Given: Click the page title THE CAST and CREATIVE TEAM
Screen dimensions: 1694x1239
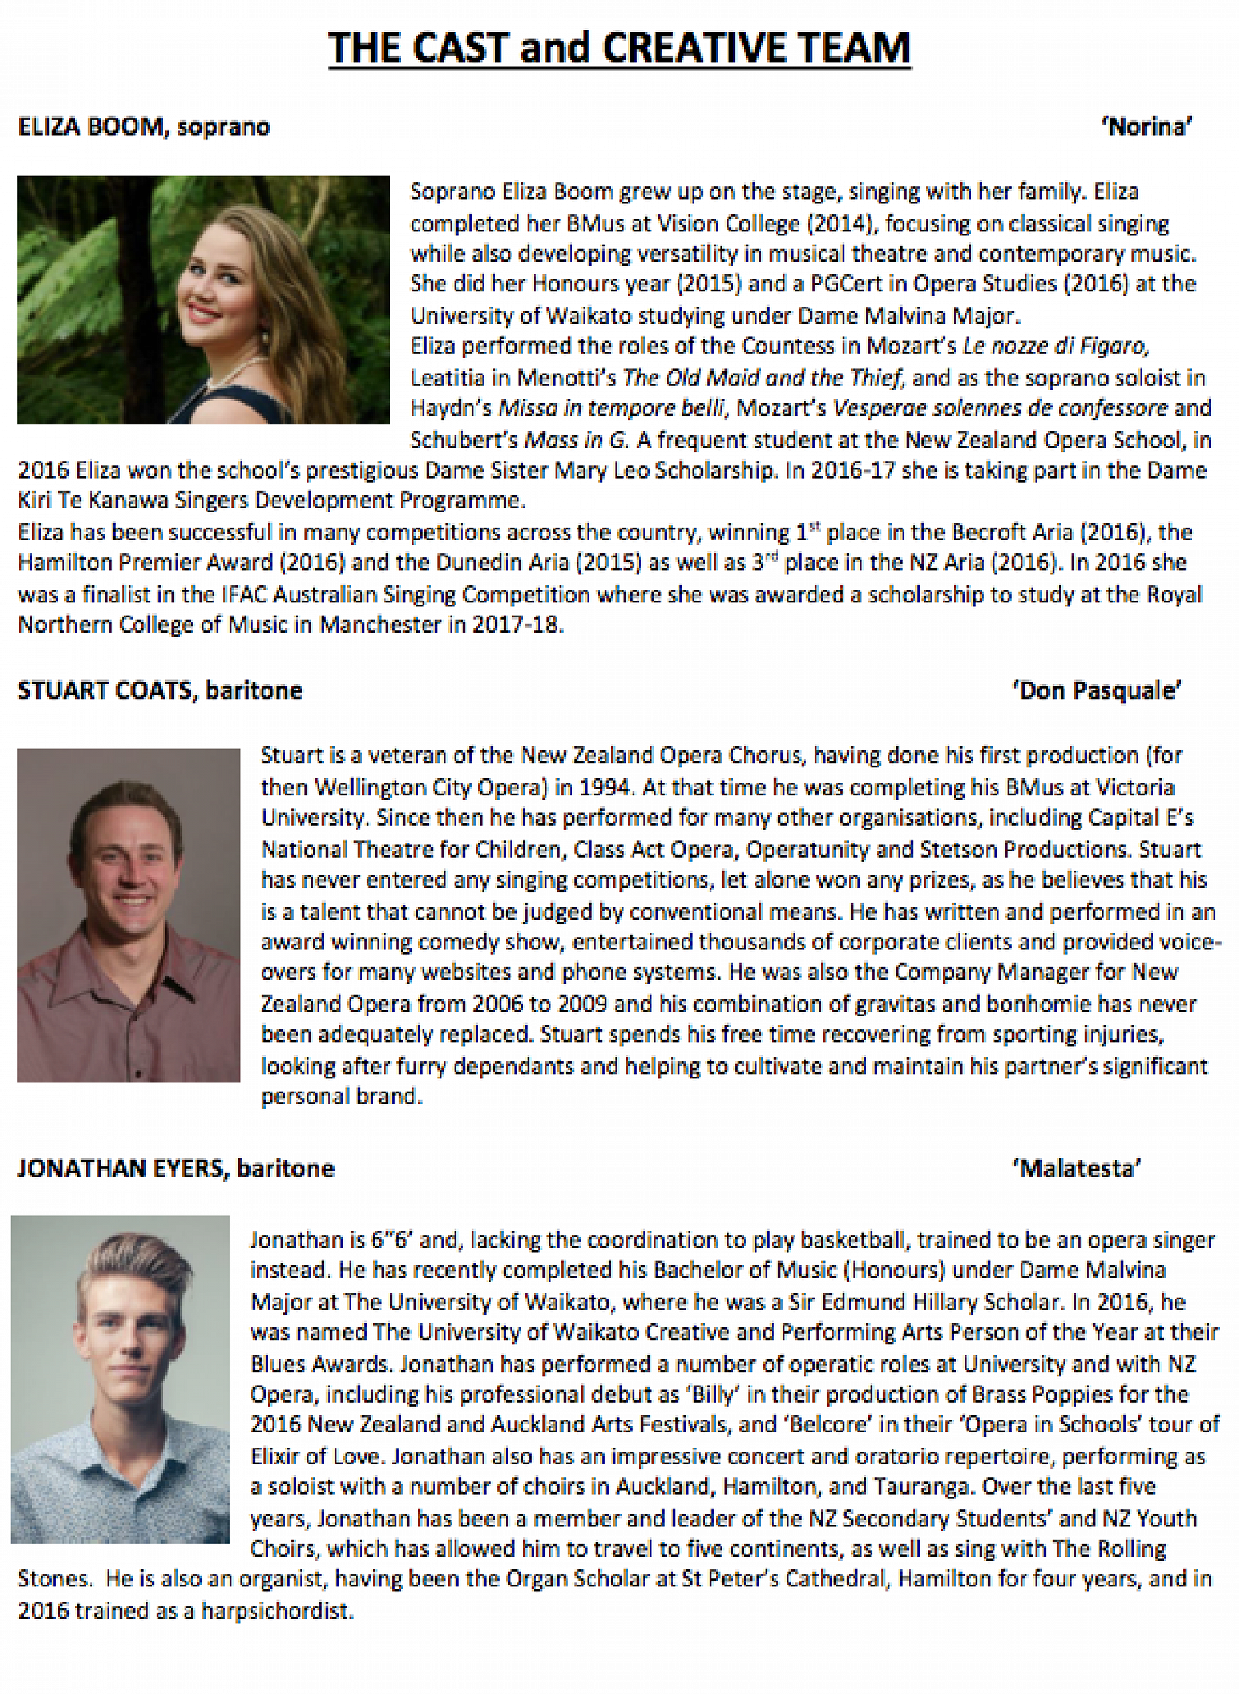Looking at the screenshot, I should point(619,48).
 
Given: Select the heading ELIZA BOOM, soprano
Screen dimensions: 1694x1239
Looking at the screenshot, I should point(144,127).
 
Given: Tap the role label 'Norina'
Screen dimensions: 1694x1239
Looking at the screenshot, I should point(1147,127).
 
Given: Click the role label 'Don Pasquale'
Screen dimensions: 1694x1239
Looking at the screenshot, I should point(1097,691).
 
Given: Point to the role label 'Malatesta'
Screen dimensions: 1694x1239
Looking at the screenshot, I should point(1076,1169).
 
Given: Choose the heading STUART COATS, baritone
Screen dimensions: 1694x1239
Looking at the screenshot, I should point(160,691).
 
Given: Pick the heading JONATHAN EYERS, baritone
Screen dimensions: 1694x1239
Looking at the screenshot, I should point(176,1169).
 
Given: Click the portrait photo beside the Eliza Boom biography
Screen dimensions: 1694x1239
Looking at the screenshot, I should point(203,300).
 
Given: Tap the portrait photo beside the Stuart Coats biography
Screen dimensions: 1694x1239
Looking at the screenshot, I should point(128,915).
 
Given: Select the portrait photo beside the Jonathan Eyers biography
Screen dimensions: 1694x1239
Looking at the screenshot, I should point(119,1379).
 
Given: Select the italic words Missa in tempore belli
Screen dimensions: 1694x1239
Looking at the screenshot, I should point(612,408).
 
